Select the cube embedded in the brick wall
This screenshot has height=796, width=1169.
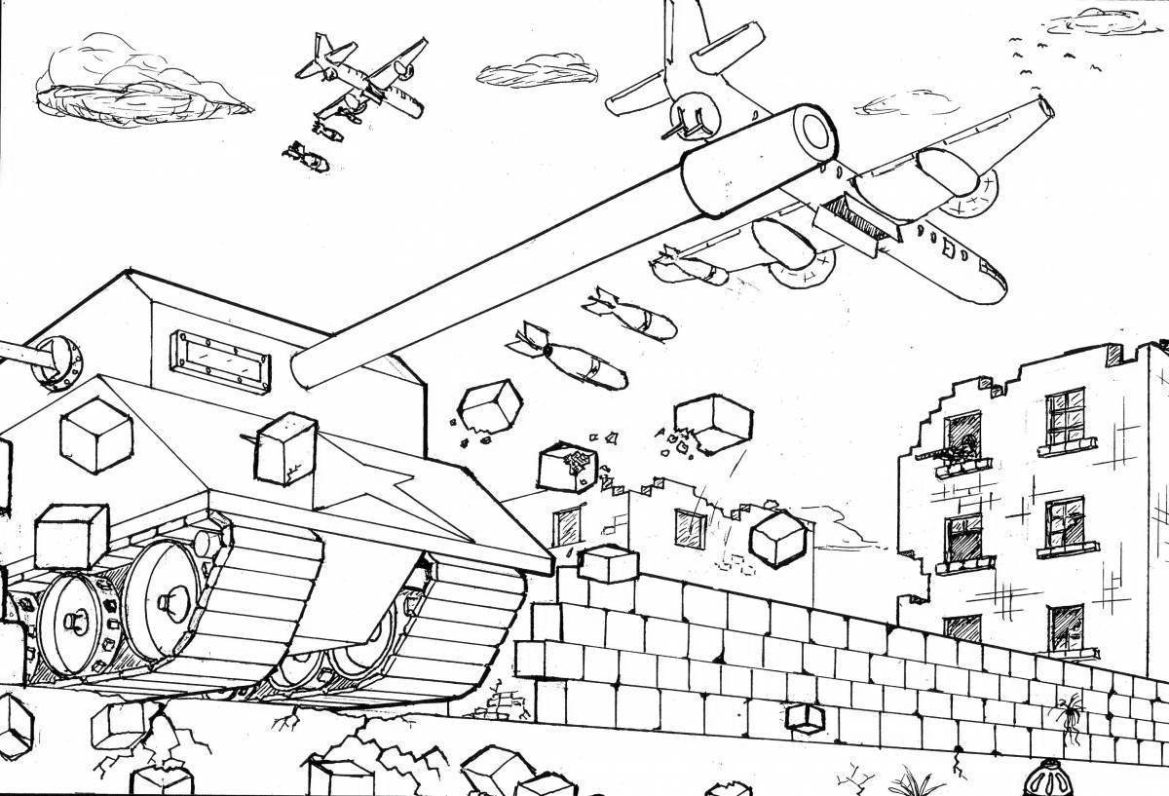tap(805, 716)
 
